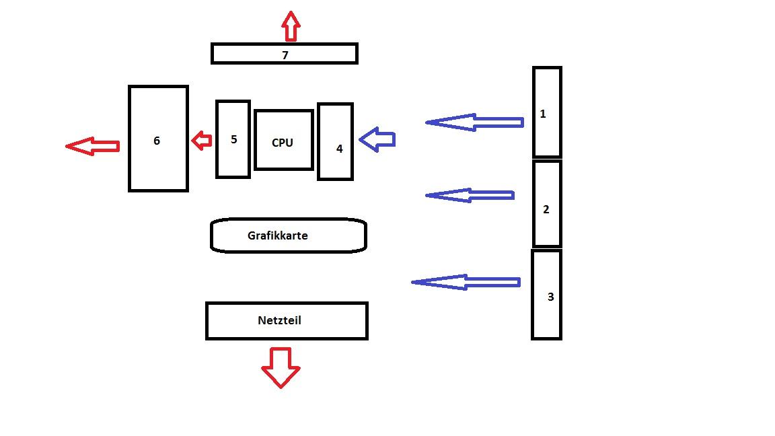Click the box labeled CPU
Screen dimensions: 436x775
[283, 140]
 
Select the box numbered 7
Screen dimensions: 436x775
[284, 54]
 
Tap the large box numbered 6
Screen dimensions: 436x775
[158, 139]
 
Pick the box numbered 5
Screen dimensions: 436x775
[233, 139]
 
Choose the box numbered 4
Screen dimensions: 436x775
[335, 141]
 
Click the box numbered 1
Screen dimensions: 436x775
[546, 112]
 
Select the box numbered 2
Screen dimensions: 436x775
[546, 204]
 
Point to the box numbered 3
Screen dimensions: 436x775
[546, 295]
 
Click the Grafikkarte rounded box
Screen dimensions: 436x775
[288, 235]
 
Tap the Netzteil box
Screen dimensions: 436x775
[287, 321]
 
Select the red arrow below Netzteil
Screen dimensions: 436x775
[281, 367]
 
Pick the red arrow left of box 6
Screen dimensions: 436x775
[93, 146]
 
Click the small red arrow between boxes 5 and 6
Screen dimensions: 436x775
[201, 141]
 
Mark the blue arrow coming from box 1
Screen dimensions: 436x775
[474, 122]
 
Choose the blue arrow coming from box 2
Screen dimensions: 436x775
[470, 195]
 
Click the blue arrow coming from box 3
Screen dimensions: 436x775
[465, 282]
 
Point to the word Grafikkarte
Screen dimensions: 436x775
[277, 235]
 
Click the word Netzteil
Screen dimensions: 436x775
[279, 320]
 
